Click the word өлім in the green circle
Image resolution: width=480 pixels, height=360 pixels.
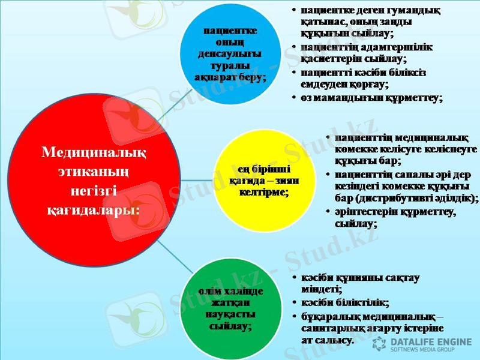211,291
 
